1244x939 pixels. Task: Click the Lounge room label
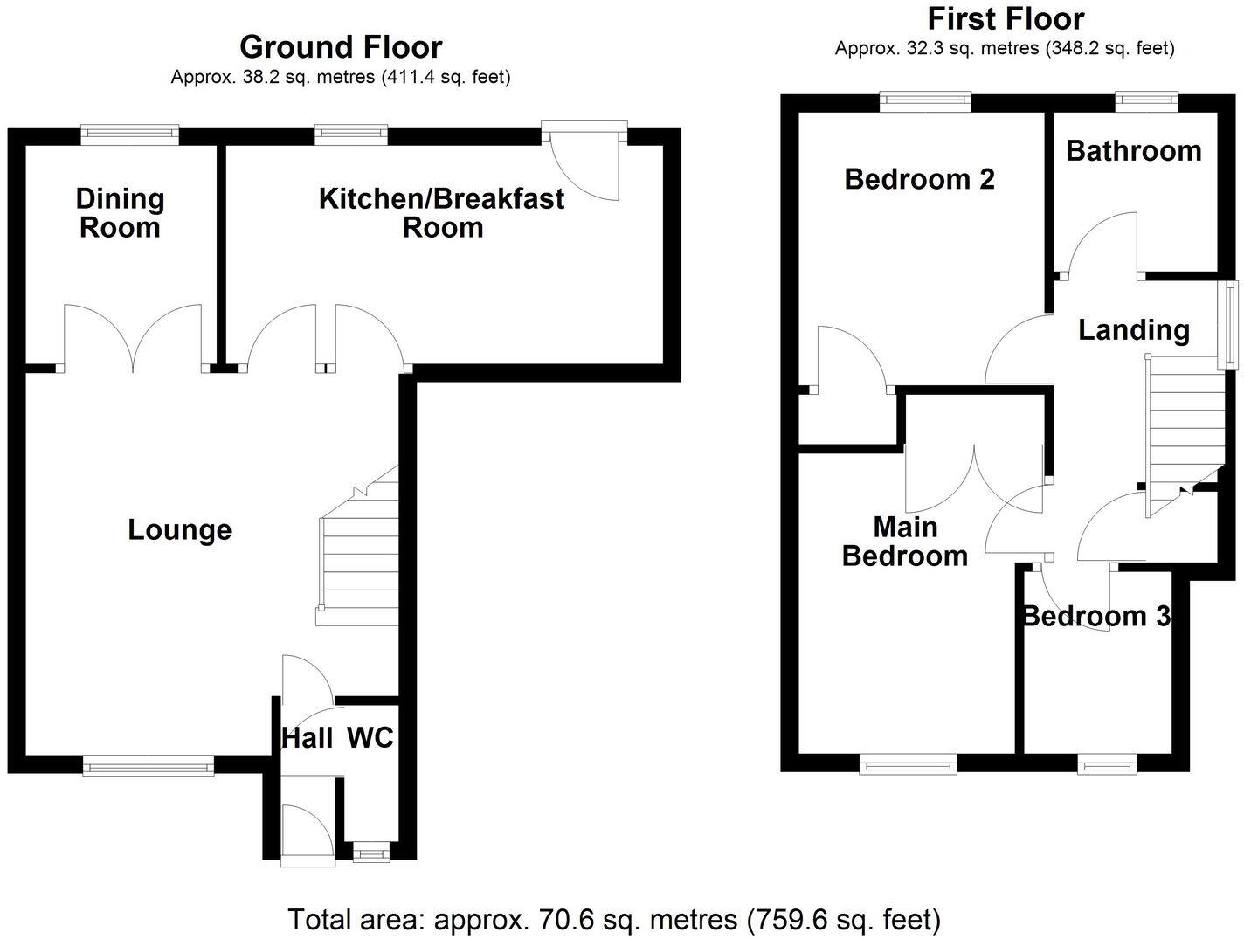pyautogui.click(x=180, y=529)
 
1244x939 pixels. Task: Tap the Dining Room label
pyautogui.click(x=120, y=213)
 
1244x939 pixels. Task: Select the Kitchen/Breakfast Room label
pyautogui.click(x=441, y=212)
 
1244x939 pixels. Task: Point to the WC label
pyautogui.click(x=370, y=738)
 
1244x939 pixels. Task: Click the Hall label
pyautogui.click(x=307, y=738)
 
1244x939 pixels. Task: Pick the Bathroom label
pyautogui.click(x=1133, y=150)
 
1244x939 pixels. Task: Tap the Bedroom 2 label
pyautogui.click(x=919, y=179)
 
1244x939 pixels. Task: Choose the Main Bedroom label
pyautogui.click(x=905, y=542)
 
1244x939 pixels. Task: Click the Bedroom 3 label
pyautogui.click(x=1095, y=616)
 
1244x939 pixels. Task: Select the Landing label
pyautogui.click(x=1133, y=329)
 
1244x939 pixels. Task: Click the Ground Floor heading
pyautogui.click(x=341, y=46)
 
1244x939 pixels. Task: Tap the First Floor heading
pyautogui.click(x=1006, y=18)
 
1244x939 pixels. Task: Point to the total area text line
pyautogui.click(x=615, y=919)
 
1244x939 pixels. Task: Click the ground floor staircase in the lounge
pyautogui.click(x=359, y=559)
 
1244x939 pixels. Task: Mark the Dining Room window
pyautogui.click(x=130, y=133)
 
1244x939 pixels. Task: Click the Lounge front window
pyautogui.click(x=149, y=766)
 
